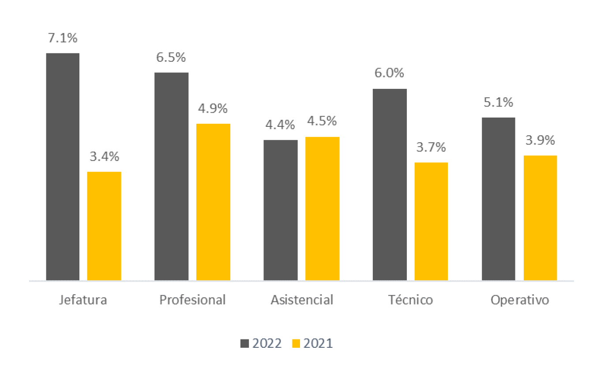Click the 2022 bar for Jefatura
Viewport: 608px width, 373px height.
coord(63,167)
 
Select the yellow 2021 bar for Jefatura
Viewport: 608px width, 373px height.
coord(104,226)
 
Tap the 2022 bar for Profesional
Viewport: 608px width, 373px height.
coord(171,176)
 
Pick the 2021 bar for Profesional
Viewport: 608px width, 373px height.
coord(213,202)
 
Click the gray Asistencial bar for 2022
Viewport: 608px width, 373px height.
coord(281,210)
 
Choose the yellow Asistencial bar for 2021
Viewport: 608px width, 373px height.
coord(322,209)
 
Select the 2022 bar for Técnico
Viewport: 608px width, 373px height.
coord(390,184)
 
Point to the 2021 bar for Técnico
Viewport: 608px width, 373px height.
coord(431,221)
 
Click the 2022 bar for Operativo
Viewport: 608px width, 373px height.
coord(499,199)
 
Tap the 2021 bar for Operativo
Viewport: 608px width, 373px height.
coord(540,218)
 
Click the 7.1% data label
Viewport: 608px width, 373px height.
coord(63,38)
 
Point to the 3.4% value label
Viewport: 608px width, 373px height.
coord(104,156)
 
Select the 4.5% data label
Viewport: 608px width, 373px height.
coord(322,121)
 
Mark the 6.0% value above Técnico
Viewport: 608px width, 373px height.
coord(390,73)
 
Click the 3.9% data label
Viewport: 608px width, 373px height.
coord(540,141)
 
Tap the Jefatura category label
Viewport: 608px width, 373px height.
coord(83,300)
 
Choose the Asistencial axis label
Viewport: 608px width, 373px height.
coord(302,300)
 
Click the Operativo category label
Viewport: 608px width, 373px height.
coord(519,300)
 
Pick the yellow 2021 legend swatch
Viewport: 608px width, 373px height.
coord(296,343)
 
